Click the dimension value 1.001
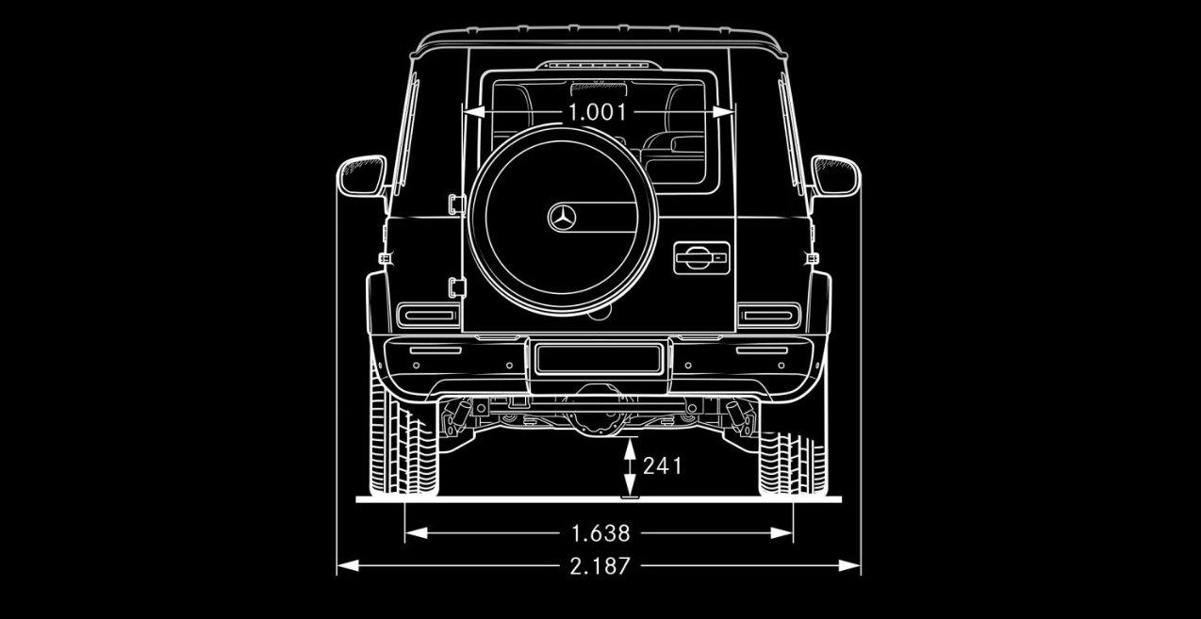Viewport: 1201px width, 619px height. pos(598,112)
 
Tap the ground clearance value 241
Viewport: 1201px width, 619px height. pos(662,466)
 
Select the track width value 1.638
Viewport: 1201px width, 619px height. pos(600,533)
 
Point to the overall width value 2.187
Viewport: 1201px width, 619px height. pos(600,566)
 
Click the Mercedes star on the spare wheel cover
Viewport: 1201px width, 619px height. pos(562,218)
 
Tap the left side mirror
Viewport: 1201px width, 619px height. pos(362,176)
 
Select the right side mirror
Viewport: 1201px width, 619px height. pos(835,176)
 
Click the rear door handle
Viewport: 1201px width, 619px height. pos(701,258)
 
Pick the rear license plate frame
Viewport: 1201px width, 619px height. pos(600,359)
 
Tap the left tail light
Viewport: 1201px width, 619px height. pos(428,315)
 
